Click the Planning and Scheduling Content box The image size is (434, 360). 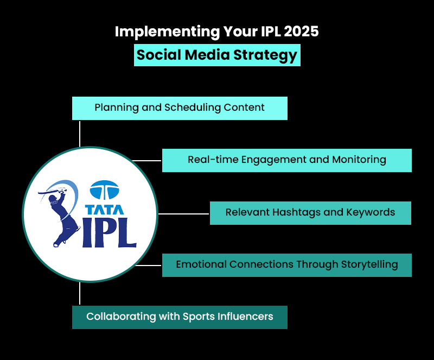click(180, 108)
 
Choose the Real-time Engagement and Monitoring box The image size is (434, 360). click(286, 160)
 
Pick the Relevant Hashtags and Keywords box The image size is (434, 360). click(310, 212)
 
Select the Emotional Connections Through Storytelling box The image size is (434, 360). click(286, 265)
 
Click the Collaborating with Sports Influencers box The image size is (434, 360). click(180, 317)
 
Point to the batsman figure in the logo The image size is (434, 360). click(58, 214)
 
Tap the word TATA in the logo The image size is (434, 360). click(105, 209)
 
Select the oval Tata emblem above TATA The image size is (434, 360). click(104, 190)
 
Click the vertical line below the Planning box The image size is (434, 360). click(80, 133)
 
